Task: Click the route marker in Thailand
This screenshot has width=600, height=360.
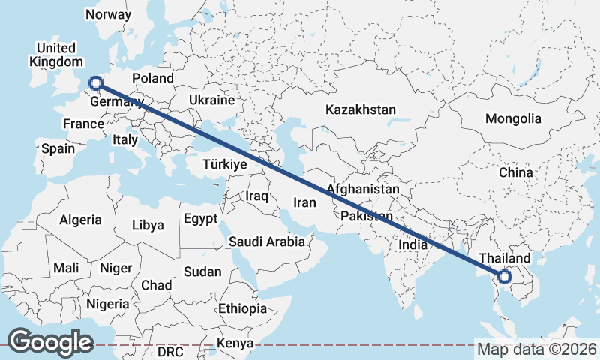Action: (505, 277)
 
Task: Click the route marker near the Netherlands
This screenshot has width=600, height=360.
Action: (95, 82)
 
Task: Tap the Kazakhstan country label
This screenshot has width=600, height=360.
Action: (360, 109)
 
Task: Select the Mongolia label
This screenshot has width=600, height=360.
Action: (513, 118)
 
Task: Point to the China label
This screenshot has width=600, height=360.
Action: (515, 172)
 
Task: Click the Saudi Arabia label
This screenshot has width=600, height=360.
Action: (267, 241)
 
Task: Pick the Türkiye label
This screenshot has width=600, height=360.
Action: (225, 164)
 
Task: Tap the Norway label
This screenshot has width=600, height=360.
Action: (108, 14)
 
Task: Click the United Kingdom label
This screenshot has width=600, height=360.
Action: (55, 55)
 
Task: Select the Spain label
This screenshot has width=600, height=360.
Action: (58, 148)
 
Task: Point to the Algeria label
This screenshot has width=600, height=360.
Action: (80, 220)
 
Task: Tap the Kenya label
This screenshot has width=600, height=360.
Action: (235, 343)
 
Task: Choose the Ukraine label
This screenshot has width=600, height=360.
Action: (211, 100)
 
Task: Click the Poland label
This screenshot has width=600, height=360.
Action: (152, 78)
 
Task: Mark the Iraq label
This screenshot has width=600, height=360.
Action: (256, 196)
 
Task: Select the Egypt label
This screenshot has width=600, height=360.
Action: (200, 219)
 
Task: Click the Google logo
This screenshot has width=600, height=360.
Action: (50, 342)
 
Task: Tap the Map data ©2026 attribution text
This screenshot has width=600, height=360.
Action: (537, 349)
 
